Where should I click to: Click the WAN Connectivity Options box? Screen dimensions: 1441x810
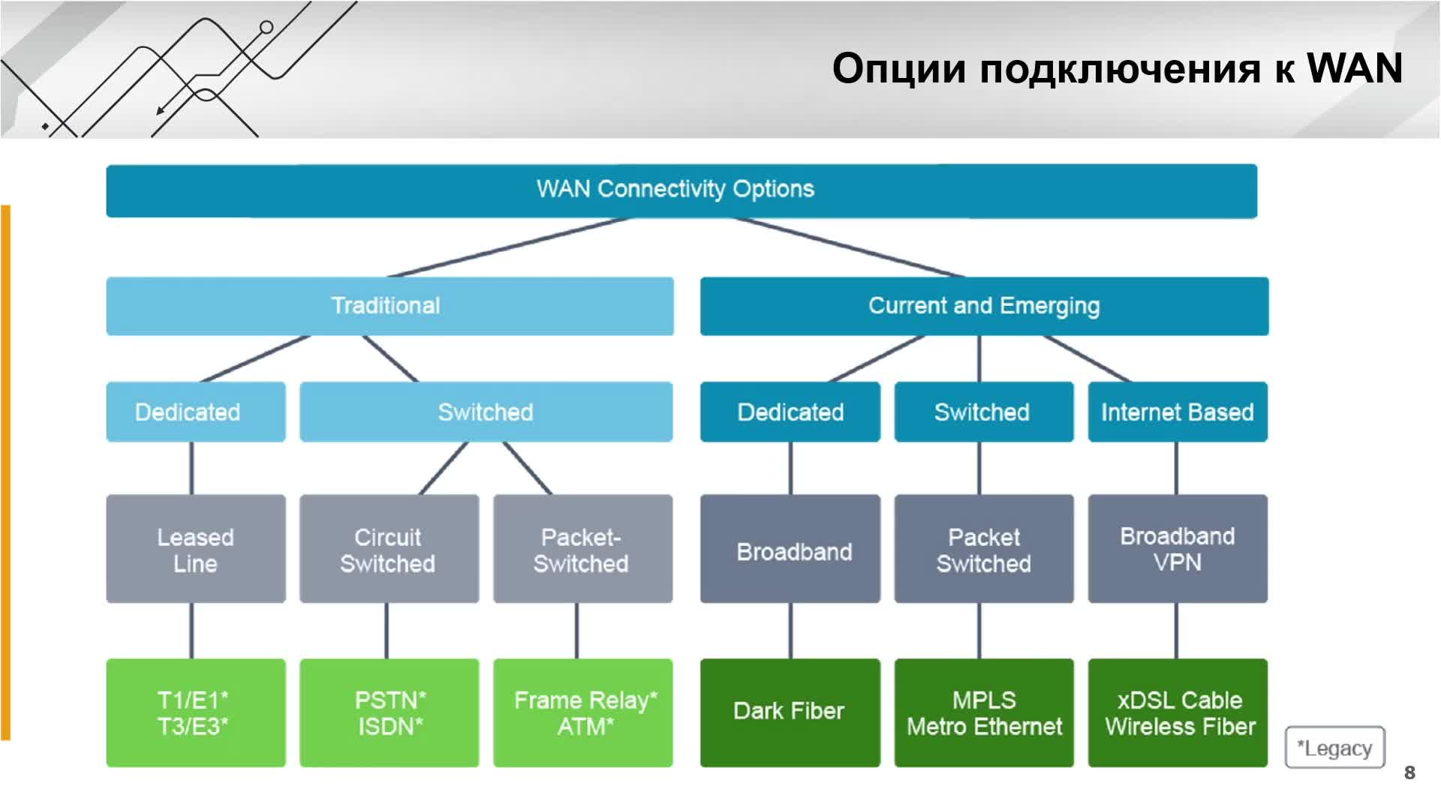(681, 190)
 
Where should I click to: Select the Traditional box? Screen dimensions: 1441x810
(390, 306)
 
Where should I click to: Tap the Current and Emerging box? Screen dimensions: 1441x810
(984, 306)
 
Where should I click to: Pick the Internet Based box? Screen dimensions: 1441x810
(1178, 412)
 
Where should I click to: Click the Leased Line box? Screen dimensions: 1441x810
(196, 548)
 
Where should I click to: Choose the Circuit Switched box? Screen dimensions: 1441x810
(389, 548)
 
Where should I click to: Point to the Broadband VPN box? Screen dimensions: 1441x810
(1178, 548)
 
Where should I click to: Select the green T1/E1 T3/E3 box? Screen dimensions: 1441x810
(196, 712)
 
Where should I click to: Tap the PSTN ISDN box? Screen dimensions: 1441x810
(389, 712)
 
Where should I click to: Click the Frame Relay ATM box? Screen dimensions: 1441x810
(582, 712)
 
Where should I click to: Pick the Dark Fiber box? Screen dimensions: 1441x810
(790, 712)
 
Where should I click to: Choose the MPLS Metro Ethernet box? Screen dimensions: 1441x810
(984, 712)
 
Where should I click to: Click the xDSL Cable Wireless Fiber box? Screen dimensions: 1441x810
(1178, 712)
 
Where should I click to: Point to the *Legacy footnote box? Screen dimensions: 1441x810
(1335, 747)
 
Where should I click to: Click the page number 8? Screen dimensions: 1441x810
(1409, 772)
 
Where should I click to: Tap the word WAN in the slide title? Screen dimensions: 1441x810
(1355, 68)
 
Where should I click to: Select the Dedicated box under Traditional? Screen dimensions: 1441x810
(196, 412)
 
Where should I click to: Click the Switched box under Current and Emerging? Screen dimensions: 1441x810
(984, 412)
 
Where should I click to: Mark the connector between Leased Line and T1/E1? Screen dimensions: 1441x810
(191, 631)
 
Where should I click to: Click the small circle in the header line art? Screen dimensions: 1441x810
(266, 28)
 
